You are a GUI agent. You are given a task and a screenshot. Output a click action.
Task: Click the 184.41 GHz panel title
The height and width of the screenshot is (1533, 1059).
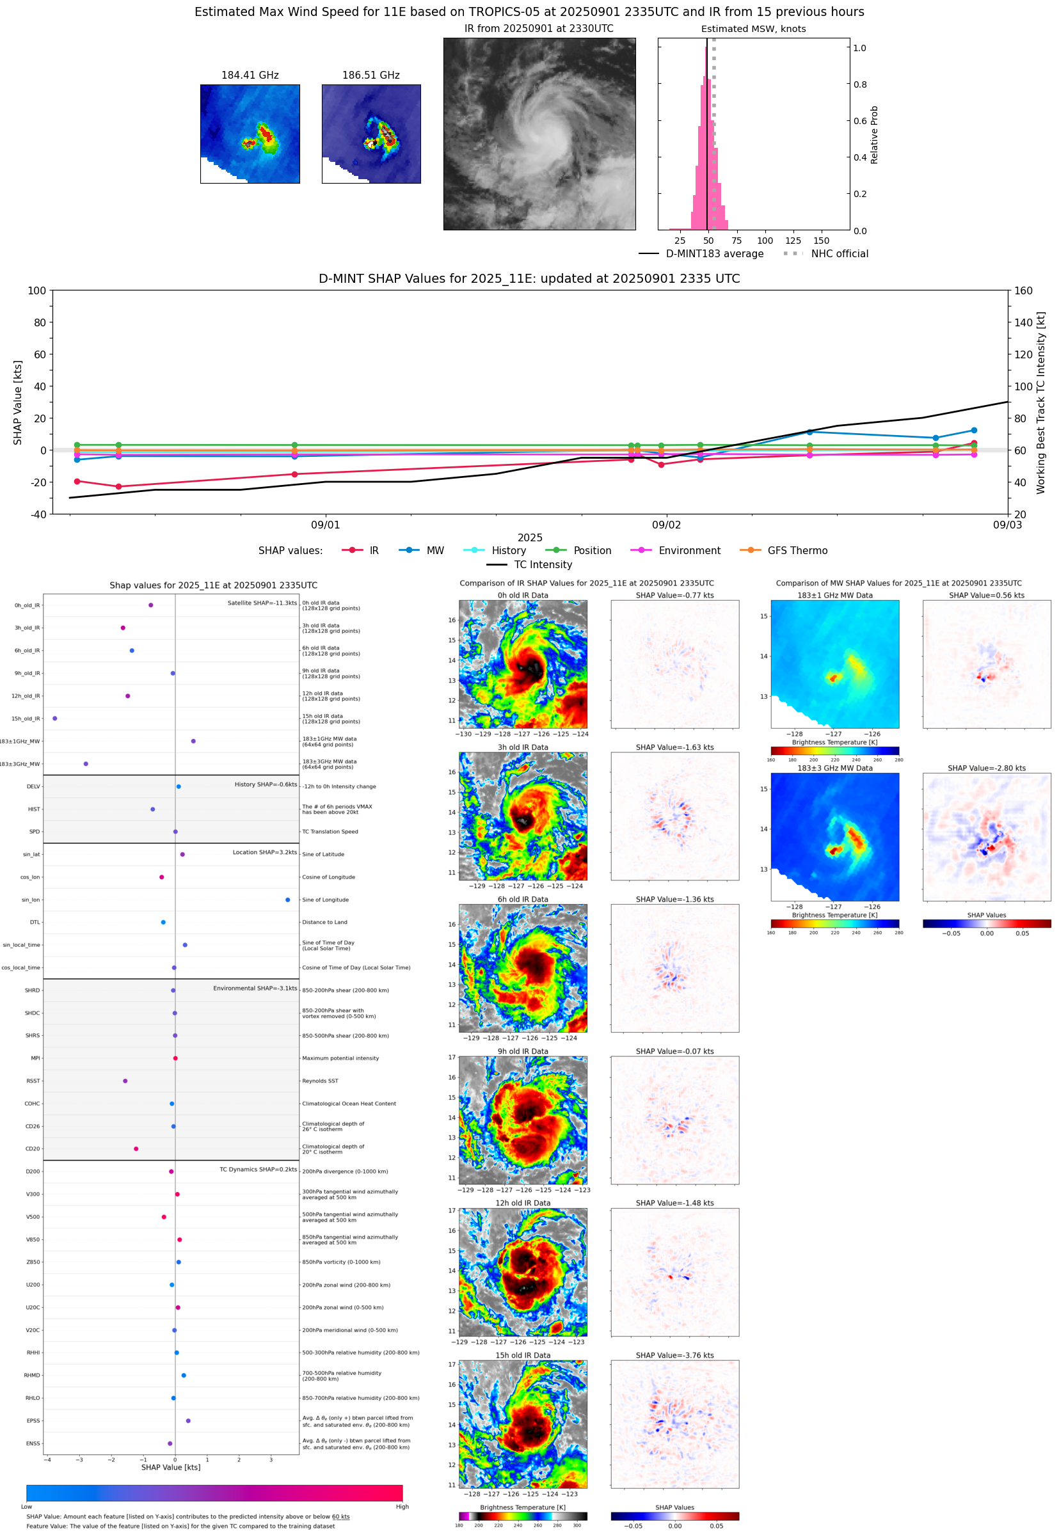pyautogui.click(x=250, y=75)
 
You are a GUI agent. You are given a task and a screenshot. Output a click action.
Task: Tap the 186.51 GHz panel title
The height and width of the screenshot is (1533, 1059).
pyautogui.click(x=370, y=75)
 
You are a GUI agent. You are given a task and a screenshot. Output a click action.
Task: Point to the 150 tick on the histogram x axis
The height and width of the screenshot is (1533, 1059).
pyautogui.click(x=821, y=241)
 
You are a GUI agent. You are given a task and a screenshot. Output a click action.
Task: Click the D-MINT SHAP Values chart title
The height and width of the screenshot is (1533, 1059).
pyautogui.click(x=529, y=278)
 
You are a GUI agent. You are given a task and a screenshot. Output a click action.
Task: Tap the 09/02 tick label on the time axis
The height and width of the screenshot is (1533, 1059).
pyautogui.click(x=665, y=525)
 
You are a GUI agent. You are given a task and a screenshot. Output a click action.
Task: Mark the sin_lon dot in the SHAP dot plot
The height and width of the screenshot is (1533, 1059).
pyautogui.click(x=287, y=900)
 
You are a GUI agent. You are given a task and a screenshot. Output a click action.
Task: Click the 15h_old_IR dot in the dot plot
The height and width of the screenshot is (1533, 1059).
pyautogui.click(x=54, y=719)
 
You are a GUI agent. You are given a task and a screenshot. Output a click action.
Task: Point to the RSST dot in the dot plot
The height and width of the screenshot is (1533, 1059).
pyautogui.click(x=125, y=1081)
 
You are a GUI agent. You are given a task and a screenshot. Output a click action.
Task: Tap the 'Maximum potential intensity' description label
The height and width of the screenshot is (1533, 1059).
pyautogui.click(x=340, y=1058)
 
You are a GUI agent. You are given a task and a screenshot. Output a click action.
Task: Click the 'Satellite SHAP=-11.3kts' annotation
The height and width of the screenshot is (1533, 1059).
pyautogui.click(x=262, y=603)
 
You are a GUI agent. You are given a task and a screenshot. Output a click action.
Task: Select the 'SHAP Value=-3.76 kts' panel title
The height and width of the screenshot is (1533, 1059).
pyautogui.click(x=674, y=1355)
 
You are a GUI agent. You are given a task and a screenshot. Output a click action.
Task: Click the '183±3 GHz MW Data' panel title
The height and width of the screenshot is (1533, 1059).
pyautogui.click(x=835, y=768)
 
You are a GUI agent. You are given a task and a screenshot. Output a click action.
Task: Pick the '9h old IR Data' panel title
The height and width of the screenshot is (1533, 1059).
pyautogui.click(x=523, y=1051)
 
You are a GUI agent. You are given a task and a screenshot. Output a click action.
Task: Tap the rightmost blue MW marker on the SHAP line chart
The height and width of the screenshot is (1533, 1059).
pyautogui.click(x=973, y=431)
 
